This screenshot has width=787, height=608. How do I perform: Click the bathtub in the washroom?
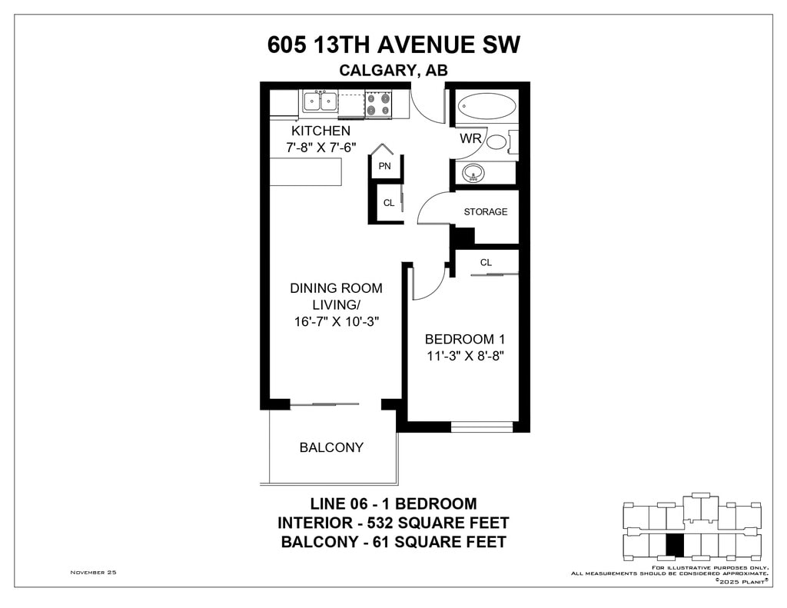coord(486,106)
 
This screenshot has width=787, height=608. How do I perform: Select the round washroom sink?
coord(473,173)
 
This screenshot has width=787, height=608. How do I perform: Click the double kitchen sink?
coord(320,102)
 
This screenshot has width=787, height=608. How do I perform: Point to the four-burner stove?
coord(378,104)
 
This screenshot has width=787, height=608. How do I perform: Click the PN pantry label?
coord(384,166)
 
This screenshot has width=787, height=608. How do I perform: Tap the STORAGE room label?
coord(486,212)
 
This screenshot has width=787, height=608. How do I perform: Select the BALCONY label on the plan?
coord(331,447)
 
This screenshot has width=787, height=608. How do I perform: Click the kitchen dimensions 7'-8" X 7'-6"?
coord(320,148)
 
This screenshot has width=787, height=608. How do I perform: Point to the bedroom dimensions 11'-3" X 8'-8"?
coord(465,356)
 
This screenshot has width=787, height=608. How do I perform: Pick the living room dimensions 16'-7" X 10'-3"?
coord(337,321)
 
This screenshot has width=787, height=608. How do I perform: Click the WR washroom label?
coord(470,138)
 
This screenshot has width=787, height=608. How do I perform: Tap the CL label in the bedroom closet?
coord(486,263)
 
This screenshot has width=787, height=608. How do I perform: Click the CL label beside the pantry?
coord(389,203)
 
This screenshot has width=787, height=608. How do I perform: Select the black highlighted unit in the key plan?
coord(675,545)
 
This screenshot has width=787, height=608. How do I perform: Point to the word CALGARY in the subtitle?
coord(377,70)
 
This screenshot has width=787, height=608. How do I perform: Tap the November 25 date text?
coord(93,573)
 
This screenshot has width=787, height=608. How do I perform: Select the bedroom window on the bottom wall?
coord(482,427)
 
